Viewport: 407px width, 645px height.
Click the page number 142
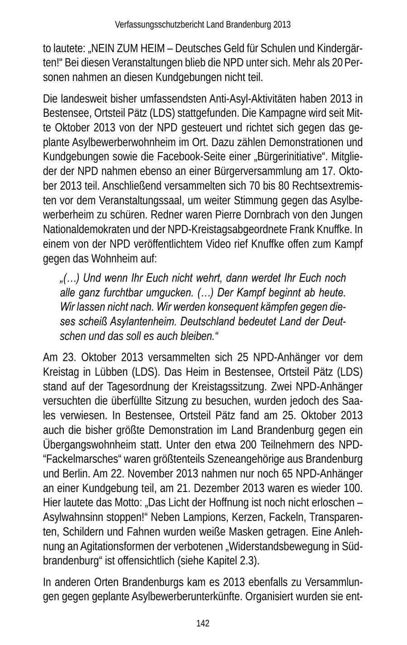pyautogui.click(x=203, y=623)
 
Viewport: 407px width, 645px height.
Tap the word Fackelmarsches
pyautogui.click(x=76, y=459)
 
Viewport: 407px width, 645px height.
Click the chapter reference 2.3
pyautogui.click(x=246, y=560)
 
